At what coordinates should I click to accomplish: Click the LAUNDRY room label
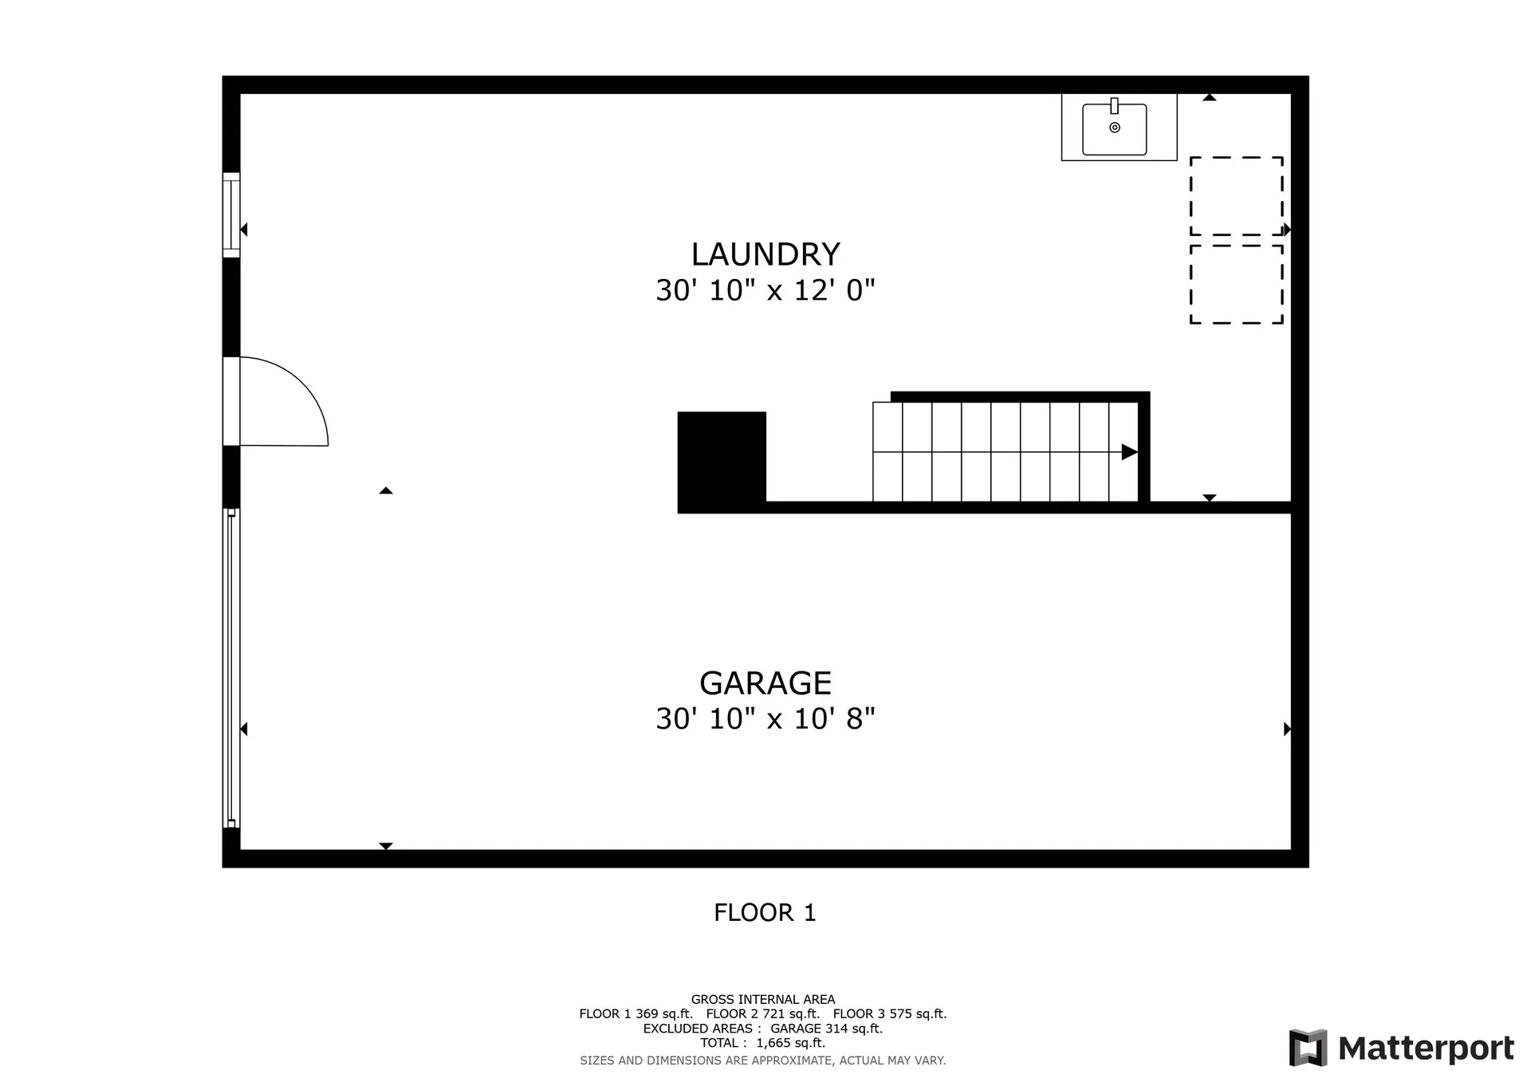765,254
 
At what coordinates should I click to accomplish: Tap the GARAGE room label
765,683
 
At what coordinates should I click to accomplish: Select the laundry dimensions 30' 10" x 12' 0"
765,290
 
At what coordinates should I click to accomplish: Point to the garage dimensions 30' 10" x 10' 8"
765,718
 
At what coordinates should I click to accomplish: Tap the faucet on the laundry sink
1114,106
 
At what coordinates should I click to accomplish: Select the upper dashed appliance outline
1236,196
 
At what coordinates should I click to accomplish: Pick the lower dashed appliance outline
1236,284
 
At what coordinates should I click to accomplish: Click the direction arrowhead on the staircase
1129,452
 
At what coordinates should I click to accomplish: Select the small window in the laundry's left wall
230,215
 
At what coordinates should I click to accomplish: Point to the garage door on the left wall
230,668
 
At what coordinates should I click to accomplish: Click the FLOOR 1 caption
765,912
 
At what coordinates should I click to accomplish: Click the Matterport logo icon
1308,1048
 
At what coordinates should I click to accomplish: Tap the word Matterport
1426,1049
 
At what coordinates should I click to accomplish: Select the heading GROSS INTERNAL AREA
762,999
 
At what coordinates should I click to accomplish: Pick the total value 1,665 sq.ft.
790,1043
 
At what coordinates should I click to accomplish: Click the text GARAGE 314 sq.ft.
826,1029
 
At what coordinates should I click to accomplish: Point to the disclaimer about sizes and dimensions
762,1060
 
